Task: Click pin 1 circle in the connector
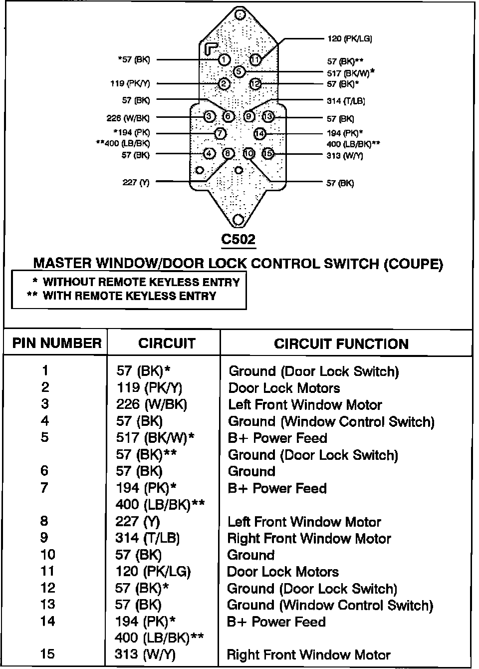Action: (x=224, y=60)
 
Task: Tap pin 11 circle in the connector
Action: (x=255, y=60)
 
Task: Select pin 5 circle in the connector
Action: (x=239, y=71)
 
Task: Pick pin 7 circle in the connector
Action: (x=221, y=133)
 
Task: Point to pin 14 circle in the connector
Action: (x=259, y=133)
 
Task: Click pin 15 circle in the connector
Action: (x=268, y=154)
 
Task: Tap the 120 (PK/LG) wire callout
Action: (x=349, y=38)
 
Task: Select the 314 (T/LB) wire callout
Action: (x=346, y=101)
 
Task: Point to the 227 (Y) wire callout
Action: (x=136, y=182)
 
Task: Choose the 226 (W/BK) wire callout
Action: (x=128, y=118)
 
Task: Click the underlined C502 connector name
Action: (x=239, y=239)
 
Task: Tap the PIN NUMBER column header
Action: (x=56, y=343)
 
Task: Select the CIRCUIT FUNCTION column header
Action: (x=341, y=343)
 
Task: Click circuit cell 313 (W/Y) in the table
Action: (x=145, y=655)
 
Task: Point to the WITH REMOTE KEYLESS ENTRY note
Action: (x=129, y=296)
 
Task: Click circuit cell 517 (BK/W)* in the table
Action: (x=155, y=438)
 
